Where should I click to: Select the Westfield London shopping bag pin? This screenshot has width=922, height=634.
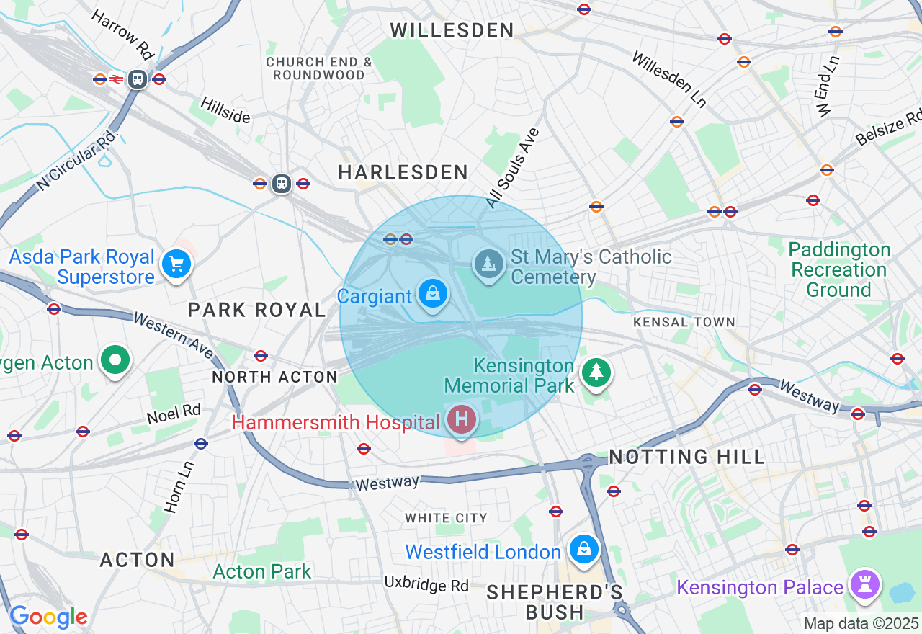(x=583, y=550)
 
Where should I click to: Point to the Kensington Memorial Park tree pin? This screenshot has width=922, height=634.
(x=596, y=372)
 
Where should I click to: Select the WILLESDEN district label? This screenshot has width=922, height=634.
(x=452, y=30)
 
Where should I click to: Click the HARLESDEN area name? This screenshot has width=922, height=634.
(x=403, y=172)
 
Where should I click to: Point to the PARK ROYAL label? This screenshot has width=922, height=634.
(x=257, y=310)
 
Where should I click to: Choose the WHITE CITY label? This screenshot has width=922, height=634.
(x=446, y=518)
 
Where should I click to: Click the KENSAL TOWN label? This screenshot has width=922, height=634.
(x=684, y=322)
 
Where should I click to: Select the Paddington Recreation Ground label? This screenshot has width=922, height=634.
(x=839, y=270)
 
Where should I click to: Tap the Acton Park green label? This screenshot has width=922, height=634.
(x=262, y=572)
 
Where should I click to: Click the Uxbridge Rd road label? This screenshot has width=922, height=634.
(x=426, y=583)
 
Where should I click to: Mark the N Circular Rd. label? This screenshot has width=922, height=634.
(x=77, y=160)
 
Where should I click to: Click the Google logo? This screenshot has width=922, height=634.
(x=48, y=617)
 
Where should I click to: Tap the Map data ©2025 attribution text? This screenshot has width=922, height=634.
(x=861, y=623)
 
